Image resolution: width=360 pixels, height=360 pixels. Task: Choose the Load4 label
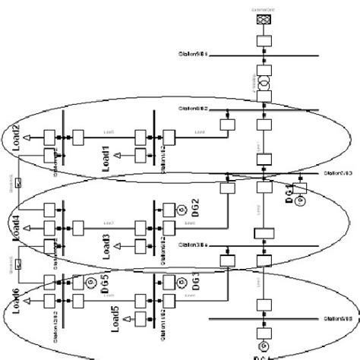coord(13,226)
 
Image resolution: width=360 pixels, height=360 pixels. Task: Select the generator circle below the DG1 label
coord(298,200)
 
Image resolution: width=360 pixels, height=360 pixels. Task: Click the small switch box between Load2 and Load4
coord(19,184)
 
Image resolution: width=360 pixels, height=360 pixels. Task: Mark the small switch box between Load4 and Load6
coord(19,266)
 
